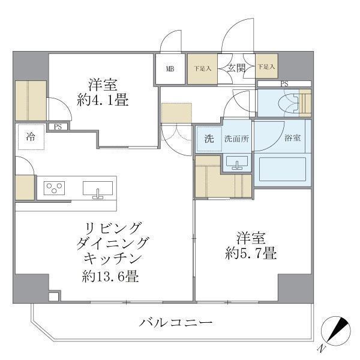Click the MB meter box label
pos(170,68)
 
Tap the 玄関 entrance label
pos(235,68)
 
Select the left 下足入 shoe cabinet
pos(202,68)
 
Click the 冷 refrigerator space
pos(29,136)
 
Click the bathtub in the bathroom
pos(281,169)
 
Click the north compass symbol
pos(335,332)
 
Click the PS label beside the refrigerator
pos(58,127)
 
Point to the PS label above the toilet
pos(284,84)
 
